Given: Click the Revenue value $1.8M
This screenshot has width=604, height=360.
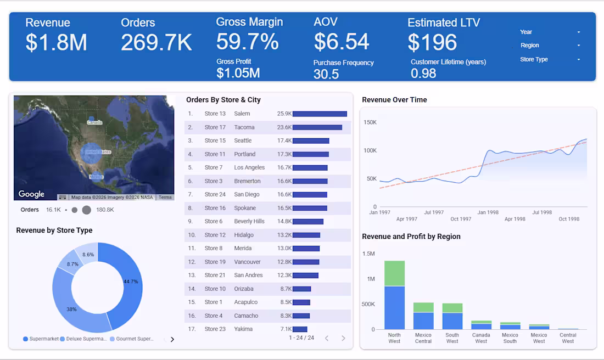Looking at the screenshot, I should point(56,42).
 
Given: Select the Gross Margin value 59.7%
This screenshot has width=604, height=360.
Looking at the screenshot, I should point(247,42).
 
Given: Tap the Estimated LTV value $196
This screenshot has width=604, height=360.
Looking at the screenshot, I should point(432,42).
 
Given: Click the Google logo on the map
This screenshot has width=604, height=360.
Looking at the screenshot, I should point(31,194).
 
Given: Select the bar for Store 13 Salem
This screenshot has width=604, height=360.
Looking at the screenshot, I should point(320,114).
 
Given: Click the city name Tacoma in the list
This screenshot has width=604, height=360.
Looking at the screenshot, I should point(244,127).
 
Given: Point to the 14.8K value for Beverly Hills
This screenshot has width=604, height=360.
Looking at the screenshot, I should point(284,222).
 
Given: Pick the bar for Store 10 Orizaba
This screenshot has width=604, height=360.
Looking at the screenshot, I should point(301,289).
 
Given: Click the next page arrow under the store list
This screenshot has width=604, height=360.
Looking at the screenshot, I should point(343,338).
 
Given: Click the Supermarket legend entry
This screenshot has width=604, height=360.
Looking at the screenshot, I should point(41,339).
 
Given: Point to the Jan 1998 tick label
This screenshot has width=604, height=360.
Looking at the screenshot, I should point(488,212).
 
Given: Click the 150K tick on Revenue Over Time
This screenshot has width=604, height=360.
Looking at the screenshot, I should point(370,122).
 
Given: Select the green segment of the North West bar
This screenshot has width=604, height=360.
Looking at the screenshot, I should point(394,273).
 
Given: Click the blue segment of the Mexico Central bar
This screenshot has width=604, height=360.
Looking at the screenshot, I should point(423,320).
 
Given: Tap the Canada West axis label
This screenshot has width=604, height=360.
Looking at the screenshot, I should point(481,338).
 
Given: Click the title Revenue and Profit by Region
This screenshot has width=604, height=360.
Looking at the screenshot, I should point(411,237).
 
